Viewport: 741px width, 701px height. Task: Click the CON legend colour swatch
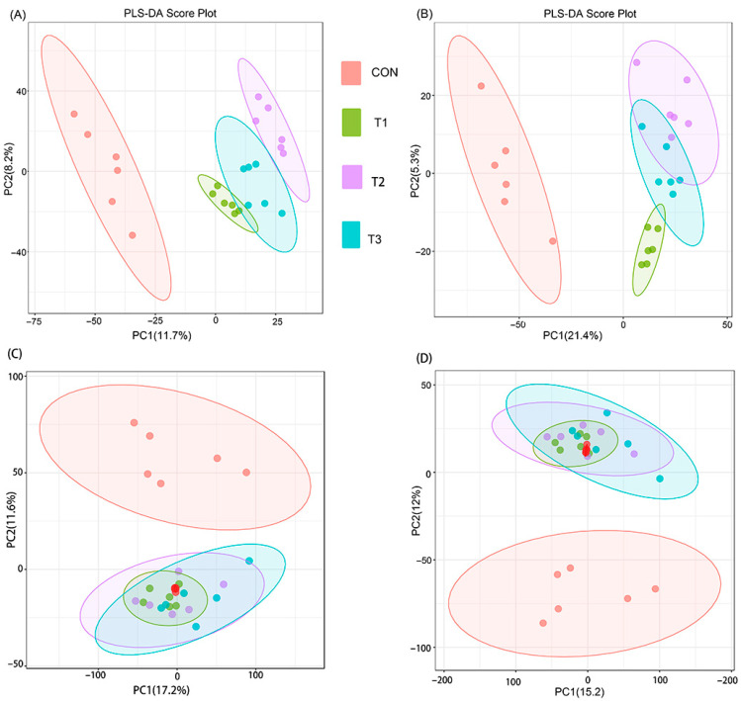click(351, 73)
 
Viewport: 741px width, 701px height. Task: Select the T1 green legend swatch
click(351, 123)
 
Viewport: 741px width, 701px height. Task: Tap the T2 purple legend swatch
click(351, 177)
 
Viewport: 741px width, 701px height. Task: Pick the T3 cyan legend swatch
click(351, 234)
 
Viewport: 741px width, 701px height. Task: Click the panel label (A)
click(18, 15)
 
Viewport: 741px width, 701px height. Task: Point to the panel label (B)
click(423, 14)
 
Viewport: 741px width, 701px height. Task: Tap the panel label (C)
click(14, 353)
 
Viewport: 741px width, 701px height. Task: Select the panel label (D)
click(423, 358)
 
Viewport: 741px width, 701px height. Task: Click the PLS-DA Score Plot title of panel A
click(170, 13)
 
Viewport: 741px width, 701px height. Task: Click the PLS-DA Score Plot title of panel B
click(590, 14)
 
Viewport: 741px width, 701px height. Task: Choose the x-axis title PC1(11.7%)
click(161, 336)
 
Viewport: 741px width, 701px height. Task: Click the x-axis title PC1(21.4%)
click(572, 336)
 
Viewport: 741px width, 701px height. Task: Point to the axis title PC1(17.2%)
click(161, 690)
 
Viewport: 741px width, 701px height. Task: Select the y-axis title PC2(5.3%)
click(415, 171)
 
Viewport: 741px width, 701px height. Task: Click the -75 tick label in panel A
click(35, 321)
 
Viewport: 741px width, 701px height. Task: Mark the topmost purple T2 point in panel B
click(636, 62)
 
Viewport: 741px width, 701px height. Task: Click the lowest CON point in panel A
click(133, 235)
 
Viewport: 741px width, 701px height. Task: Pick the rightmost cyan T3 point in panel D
click(660, 479)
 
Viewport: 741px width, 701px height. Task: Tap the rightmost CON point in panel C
click(246, 473)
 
